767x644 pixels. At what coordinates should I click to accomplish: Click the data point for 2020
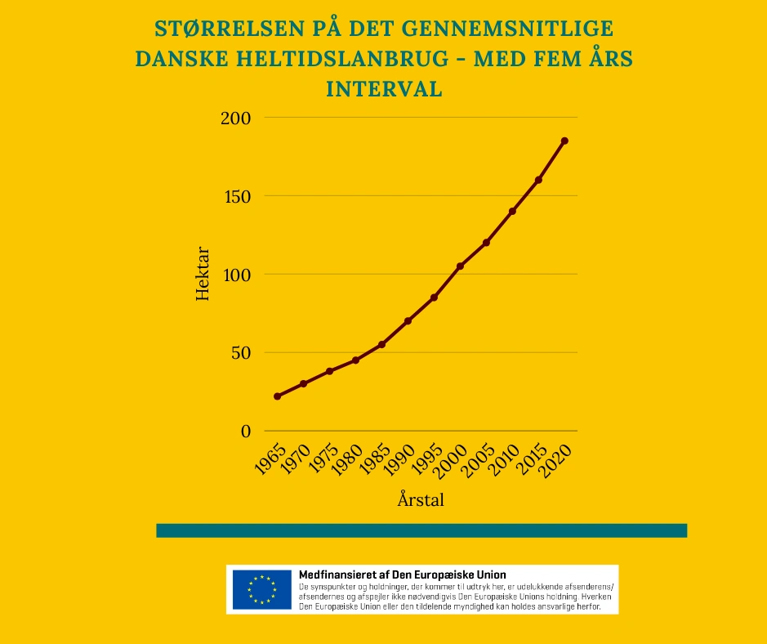click(564, 141)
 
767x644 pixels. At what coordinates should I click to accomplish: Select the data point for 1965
click(277, 396)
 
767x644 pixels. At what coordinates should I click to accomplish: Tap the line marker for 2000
click(460, 266)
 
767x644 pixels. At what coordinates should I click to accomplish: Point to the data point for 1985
click(381, 344)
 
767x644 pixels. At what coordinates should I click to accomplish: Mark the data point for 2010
click(512, 211)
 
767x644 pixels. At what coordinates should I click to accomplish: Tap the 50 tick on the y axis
click(240, 353)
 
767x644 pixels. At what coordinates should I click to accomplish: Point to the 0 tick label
click(246, 432)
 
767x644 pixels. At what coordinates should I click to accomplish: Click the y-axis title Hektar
click(203, 274)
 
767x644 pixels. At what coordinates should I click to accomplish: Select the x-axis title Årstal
click(421, 499)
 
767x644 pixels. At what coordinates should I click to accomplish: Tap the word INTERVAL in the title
click(384, 89)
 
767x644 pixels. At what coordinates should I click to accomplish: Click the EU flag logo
click(261, 589)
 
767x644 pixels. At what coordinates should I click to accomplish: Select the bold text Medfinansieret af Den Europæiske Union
click(403, 575)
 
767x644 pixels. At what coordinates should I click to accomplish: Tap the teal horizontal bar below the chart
click(421, 530)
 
